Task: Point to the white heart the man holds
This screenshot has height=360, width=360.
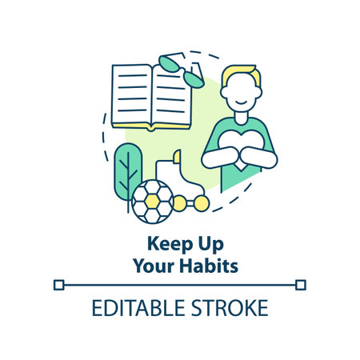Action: (240, 150)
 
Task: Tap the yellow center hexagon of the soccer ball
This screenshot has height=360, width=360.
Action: (152, 201)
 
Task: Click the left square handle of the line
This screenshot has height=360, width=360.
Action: (59, 283)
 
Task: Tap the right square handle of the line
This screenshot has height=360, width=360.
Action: (300, 283)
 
